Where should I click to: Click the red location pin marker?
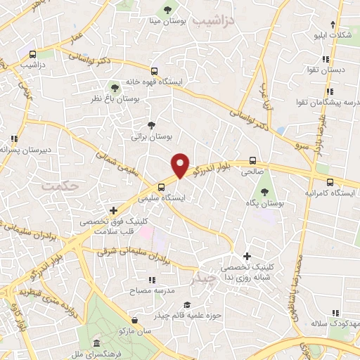(180, 165)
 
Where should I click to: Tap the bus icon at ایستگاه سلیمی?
(162, 187)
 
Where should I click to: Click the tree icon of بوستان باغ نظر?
(115, 88)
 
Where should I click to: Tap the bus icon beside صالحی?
(252, 160)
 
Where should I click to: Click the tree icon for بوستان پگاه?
(265, 192)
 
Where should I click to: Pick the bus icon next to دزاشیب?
(33, 54)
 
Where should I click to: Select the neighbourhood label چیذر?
(205, 279)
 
